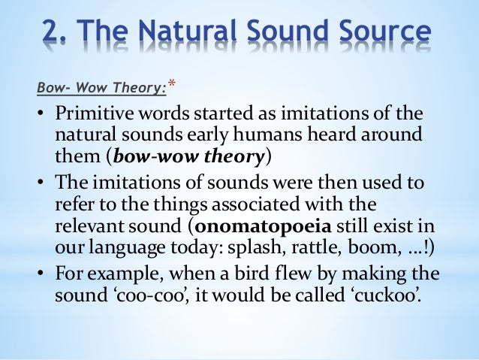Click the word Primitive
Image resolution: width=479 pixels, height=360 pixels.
(x=95, y=115)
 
